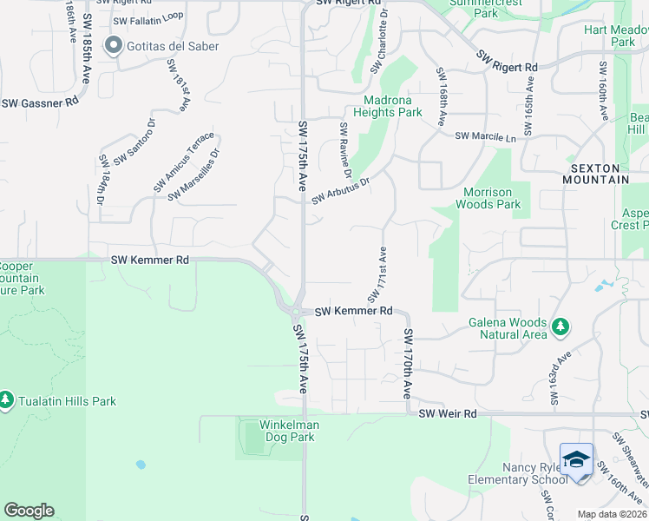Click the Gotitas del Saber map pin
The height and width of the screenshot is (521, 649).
[113, 46]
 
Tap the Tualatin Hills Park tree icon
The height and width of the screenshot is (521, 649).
[7, 400]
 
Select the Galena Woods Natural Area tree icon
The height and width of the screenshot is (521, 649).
[560, 326]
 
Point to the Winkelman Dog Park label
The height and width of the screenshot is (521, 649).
[290, 431]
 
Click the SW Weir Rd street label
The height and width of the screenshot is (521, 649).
[448, 414]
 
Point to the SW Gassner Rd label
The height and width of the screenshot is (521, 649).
[40, 102]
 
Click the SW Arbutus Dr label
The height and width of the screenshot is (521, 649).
[342, 191]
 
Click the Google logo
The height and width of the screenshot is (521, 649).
[29, 511]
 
